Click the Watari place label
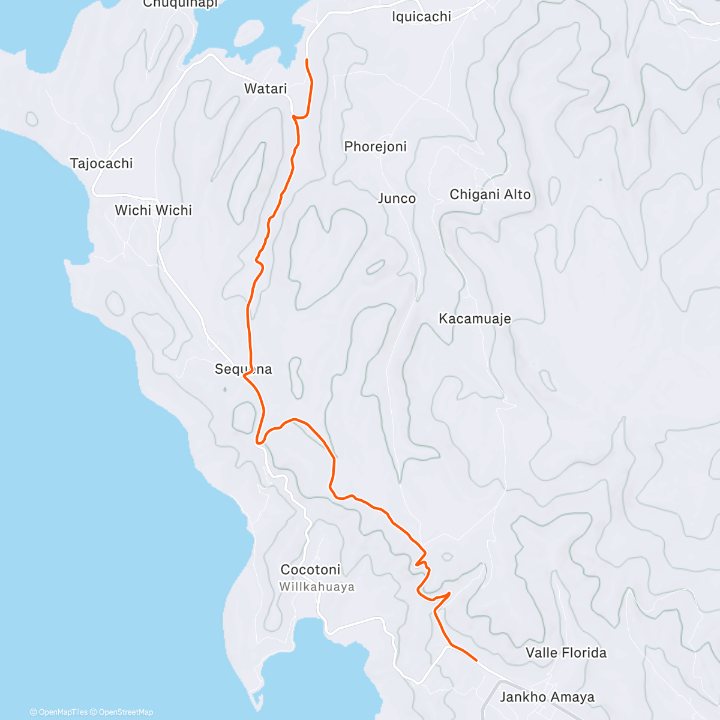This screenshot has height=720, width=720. click(265, 89)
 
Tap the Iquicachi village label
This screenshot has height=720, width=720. click(421, 17)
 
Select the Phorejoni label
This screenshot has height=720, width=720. click(375, 146)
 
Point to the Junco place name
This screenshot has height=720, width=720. click(397, 199)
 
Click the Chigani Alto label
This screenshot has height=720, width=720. click(490, 194)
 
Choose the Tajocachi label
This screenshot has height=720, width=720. click(101, 163)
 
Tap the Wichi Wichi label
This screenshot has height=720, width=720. click(154, 211)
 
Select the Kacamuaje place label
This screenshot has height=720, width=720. click(475, 319)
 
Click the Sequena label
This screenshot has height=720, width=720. click(243, 369)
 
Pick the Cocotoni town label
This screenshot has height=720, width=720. click(310, 569)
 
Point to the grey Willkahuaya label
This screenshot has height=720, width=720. click(317, 587)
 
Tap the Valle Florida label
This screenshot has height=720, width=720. click(566, 653)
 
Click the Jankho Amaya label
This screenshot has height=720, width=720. click(547, 697)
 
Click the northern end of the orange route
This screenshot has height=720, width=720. click(307, 60)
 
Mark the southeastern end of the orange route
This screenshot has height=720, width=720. click(476, 660)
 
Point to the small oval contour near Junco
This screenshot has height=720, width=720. click(376, 267)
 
